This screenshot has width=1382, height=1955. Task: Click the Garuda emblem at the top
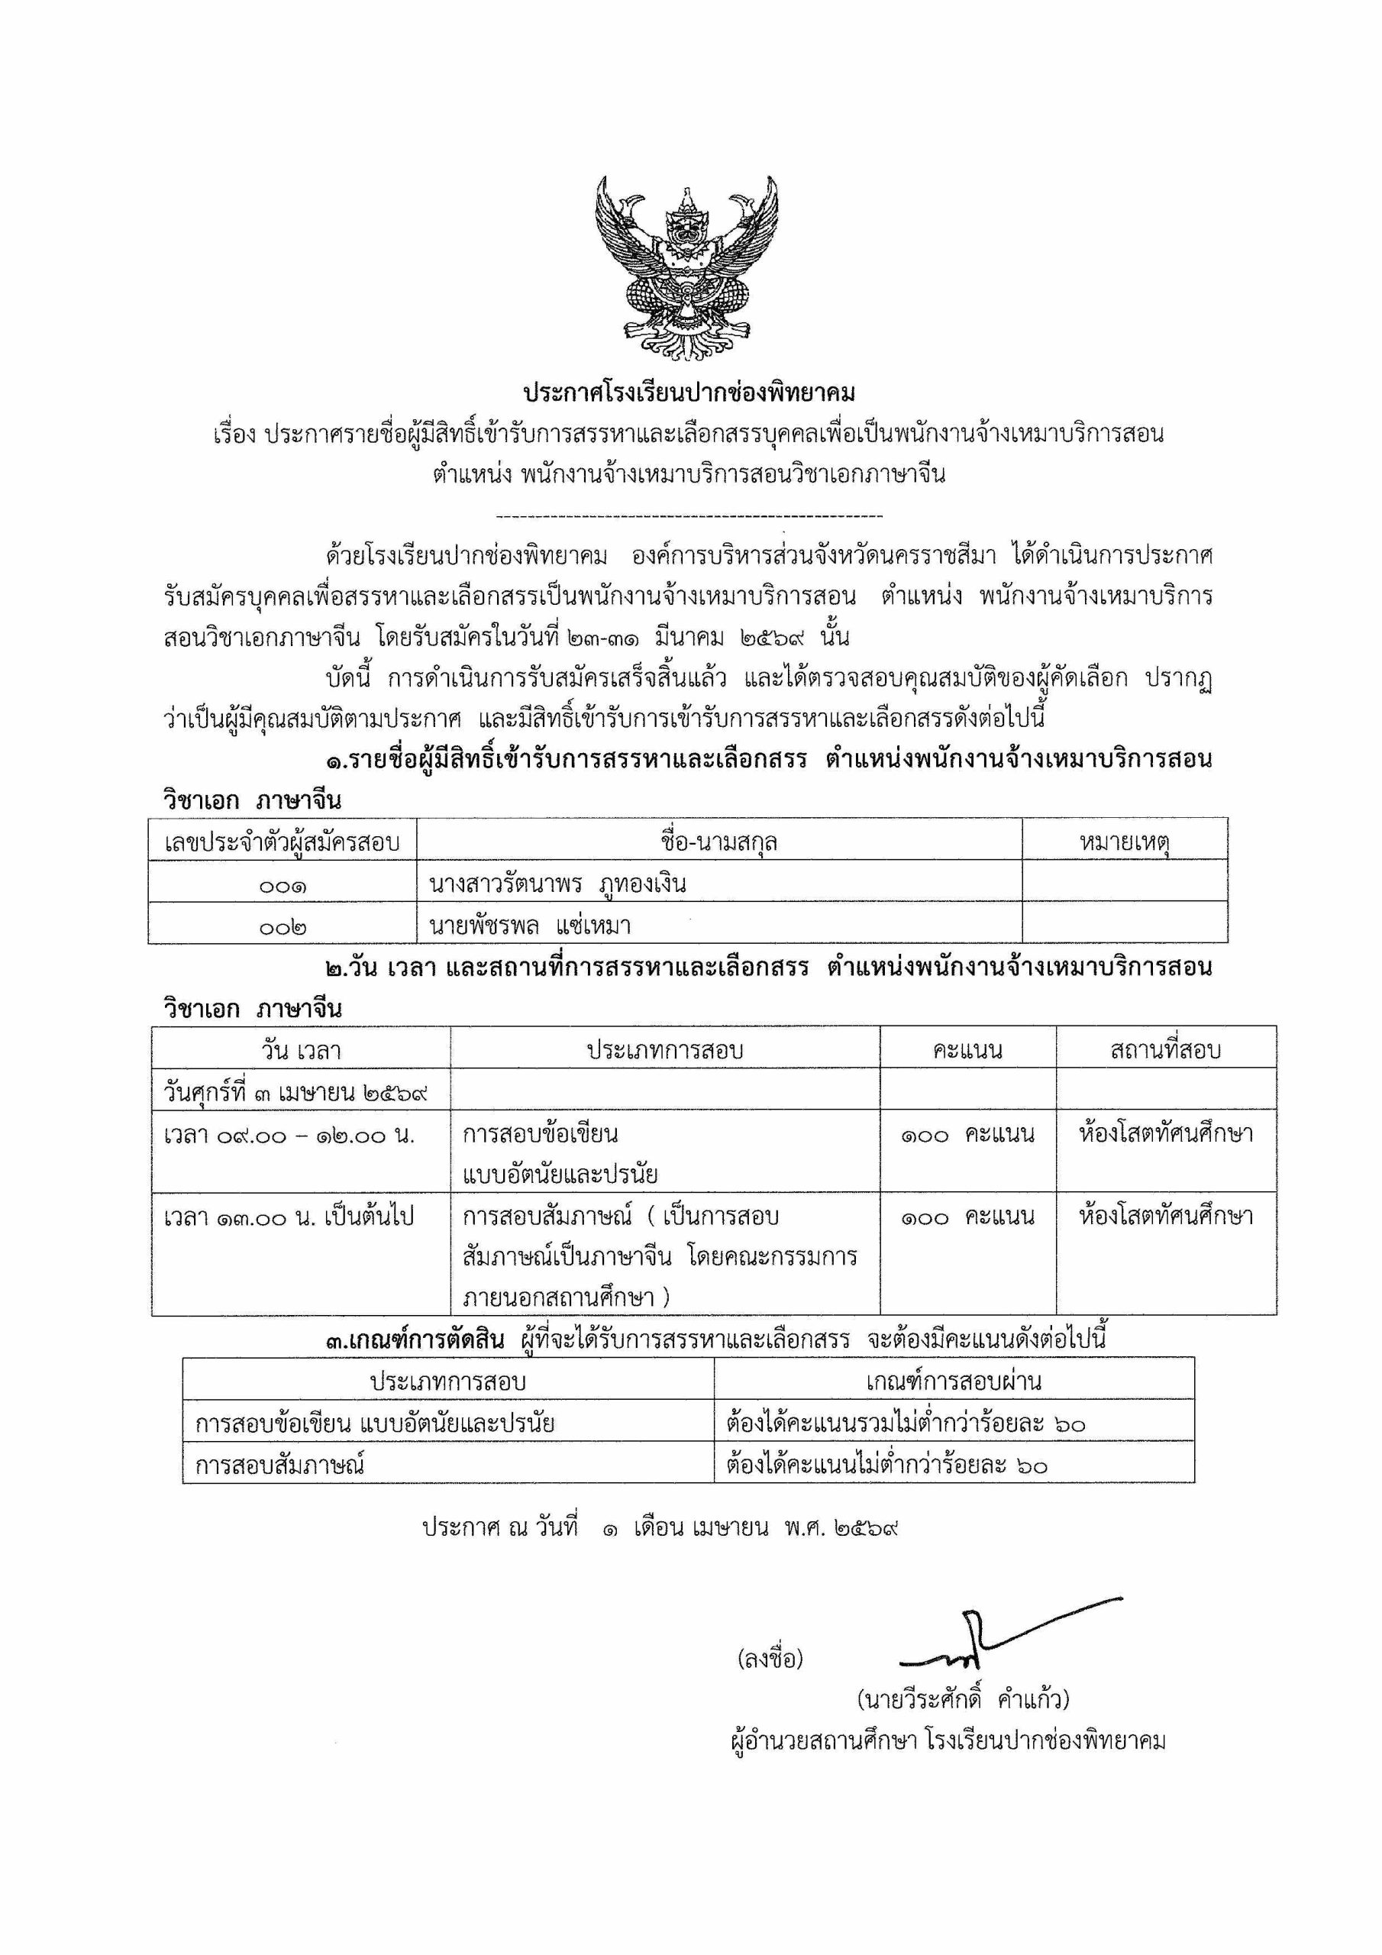(x=686, y=267)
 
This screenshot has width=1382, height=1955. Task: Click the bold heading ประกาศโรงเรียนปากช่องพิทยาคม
(x=689, y=393)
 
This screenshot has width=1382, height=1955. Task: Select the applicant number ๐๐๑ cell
(x=283, y=886)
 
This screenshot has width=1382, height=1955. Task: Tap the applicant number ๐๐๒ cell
(x=283, y=926)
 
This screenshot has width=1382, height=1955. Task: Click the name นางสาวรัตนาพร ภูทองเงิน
(x=557, y=884)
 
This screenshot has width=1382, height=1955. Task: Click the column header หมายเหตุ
(x=1123, y=843)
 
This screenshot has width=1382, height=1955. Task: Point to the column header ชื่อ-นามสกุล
(x=718, y=843)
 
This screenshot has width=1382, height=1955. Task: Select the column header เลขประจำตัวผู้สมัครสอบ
(x=283, y=843)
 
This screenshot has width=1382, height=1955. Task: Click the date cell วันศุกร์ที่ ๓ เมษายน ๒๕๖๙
(x=295, y=1091)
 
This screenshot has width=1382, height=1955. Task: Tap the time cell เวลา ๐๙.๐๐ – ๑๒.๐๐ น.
(x=289, y=1135)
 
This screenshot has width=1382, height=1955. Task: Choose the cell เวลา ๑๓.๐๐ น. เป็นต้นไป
(x=289, y=1217)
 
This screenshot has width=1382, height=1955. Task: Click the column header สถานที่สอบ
(x=1165, y=1051)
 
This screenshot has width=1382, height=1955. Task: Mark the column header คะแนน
(x=967, y=1051)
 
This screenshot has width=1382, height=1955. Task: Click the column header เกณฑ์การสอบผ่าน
(x=953, y=1381)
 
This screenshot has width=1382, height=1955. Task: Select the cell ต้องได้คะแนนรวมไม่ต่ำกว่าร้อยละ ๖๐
(x=906, y=1423)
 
